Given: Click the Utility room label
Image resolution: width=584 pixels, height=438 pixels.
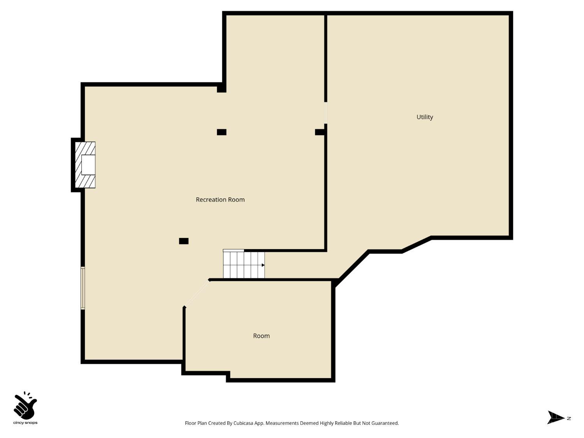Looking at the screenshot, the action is tap(425, 117).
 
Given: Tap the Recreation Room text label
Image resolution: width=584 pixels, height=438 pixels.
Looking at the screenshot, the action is tap(220, 199).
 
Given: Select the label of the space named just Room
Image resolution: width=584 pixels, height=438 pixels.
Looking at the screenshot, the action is tap(261, 336).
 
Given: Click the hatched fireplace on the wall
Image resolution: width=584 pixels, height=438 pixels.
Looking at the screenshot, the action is tap(85, 165).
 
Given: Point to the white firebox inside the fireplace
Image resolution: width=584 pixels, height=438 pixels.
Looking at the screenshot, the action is tap(88, 165).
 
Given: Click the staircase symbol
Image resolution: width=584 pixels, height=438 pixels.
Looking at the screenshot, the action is tap(244, 265).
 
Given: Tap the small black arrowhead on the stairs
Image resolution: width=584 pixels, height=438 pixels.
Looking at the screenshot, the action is tap(263, 265).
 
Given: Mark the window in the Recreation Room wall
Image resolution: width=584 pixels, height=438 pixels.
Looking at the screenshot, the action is tap(83, 288).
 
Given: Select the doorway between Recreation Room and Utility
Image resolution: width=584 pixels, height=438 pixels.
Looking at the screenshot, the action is tap(325, 113).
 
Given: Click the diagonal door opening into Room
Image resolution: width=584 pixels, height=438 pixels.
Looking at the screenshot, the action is tap(197, 293).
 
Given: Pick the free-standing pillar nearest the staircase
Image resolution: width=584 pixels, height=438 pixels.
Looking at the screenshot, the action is tap(184, 241).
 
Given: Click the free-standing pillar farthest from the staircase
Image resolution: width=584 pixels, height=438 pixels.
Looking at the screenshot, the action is tap(222, 132).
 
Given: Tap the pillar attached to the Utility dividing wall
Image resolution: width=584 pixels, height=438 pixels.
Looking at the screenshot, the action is tap(320, 132).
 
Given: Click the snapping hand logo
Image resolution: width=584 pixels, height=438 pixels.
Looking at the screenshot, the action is tap(25, 405).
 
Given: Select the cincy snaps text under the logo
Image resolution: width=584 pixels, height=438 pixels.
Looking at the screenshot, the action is tap(25, 423).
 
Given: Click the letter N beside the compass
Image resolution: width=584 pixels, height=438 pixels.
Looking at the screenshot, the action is tap(569, 418).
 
